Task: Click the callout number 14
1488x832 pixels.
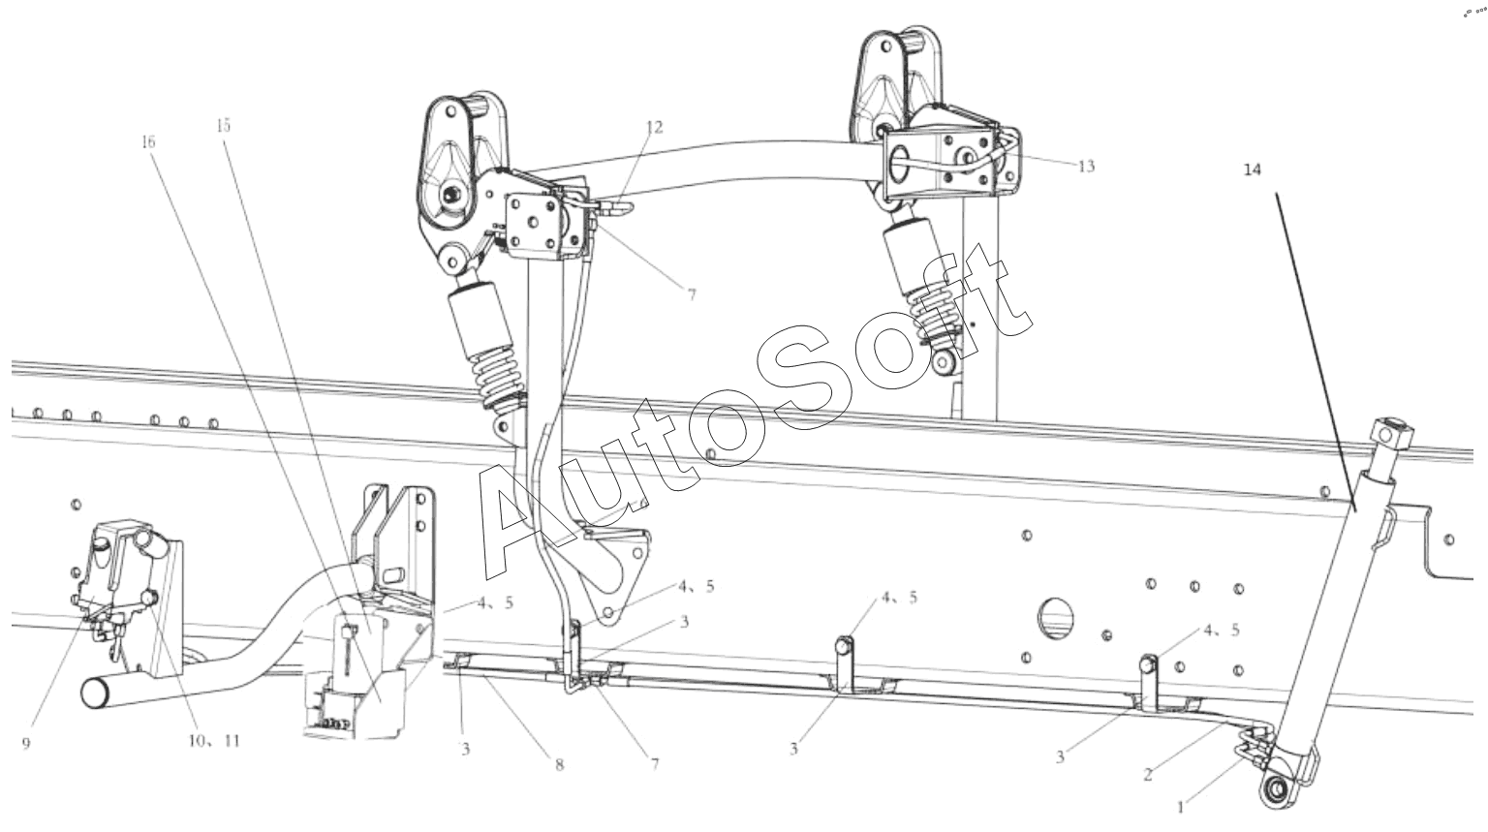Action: pyautogui.click(x=1253, y=169)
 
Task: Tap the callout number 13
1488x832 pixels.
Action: pyautogui.click(x=1086, y=167)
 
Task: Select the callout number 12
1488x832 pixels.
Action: pyautogui.click(x=655, y=127)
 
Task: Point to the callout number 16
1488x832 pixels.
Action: pyautogui.click(x=148, y=141)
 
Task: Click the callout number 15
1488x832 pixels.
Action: pyautogui.click(x=224, y=125)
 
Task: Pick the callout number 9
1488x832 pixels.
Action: pyautogui.click(x=25, y=743)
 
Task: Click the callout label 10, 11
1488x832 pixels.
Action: pyautogui.click(x=213, y=741)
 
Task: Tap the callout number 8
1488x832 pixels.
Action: pyautogui.click(x=559, y=764)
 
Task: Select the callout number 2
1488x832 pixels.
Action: pyautogui.click(x=1148, y=774)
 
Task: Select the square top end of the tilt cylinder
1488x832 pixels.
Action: pyautogui.click(x=1390, y=434)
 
